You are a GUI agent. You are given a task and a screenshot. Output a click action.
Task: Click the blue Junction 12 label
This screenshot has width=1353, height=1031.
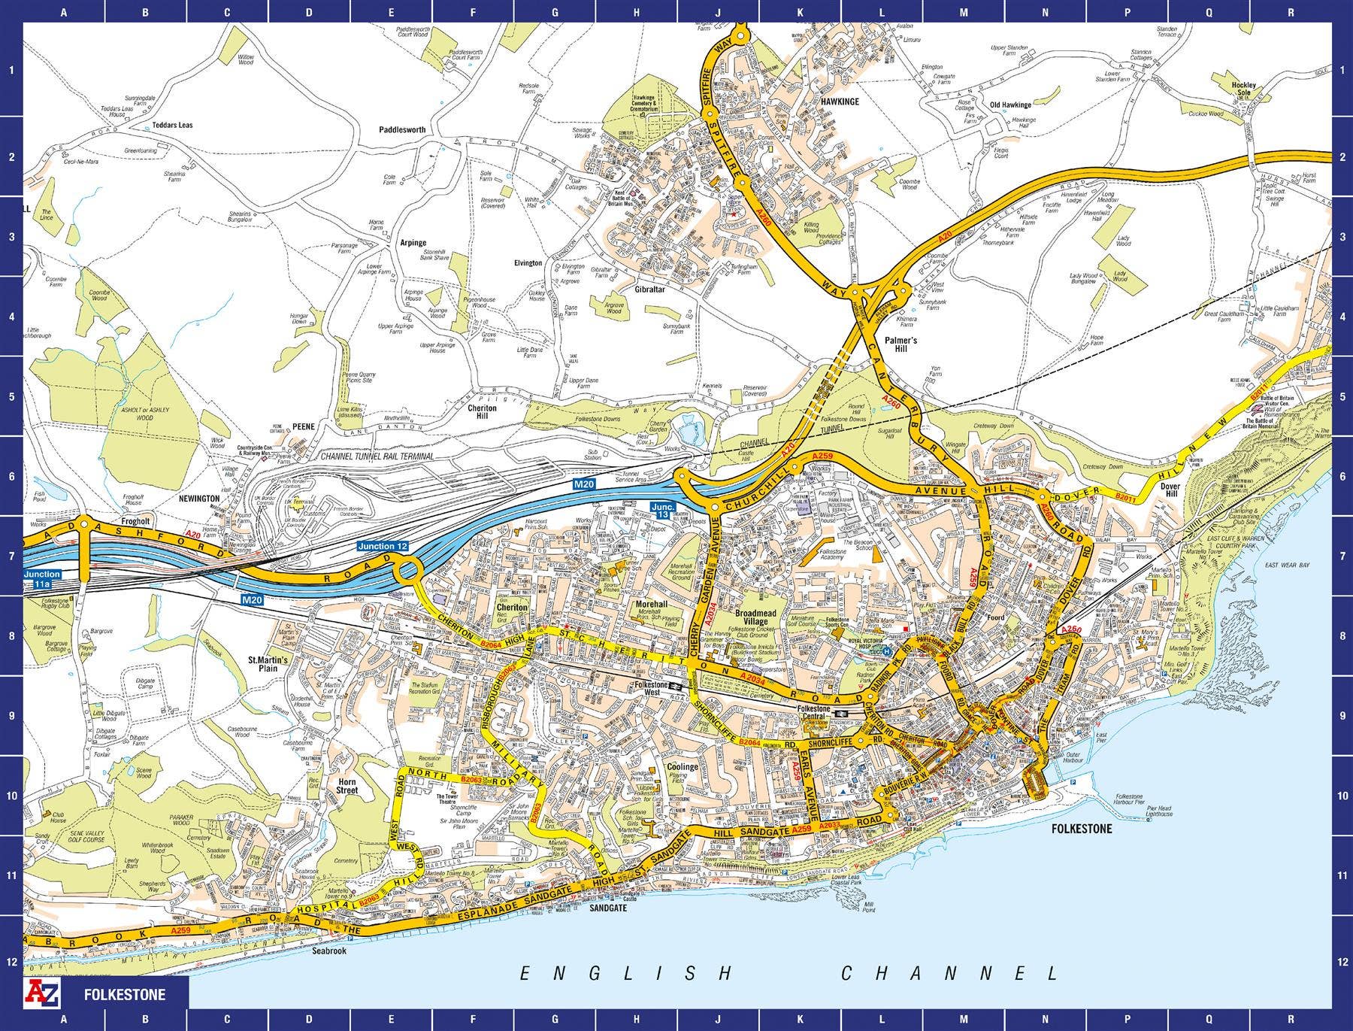coord(383,545)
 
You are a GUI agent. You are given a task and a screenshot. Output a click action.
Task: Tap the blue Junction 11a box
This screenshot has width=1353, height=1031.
coord(41,578)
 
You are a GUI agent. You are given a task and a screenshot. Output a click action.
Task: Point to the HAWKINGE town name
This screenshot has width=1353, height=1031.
coord(840,100)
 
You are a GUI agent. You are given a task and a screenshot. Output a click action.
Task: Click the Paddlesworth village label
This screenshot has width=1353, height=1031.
coord(403,129)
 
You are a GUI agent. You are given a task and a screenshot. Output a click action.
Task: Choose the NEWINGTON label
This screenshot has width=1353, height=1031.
coord(199,499)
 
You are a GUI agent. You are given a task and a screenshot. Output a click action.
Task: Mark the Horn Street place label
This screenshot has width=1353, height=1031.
coord(347,786)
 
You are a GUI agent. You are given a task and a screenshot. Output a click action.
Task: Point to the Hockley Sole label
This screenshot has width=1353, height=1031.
coord(1244,89)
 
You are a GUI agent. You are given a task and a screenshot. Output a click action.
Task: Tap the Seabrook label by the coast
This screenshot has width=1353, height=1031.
coord(328,951)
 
